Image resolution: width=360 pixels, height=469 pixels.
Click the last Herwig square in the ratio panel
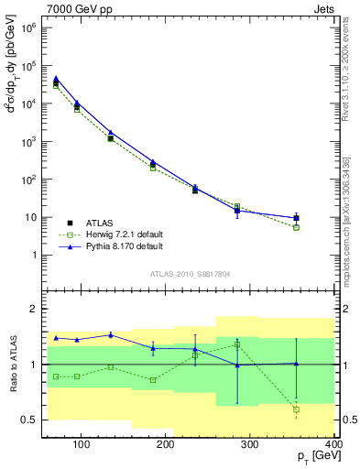click(296, 409)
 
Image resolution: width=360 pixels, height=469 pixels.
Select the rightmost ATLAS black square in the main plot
click(296, 218)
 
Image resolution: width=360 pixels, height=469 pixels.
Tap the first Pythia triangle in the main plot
click(56, 79)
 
